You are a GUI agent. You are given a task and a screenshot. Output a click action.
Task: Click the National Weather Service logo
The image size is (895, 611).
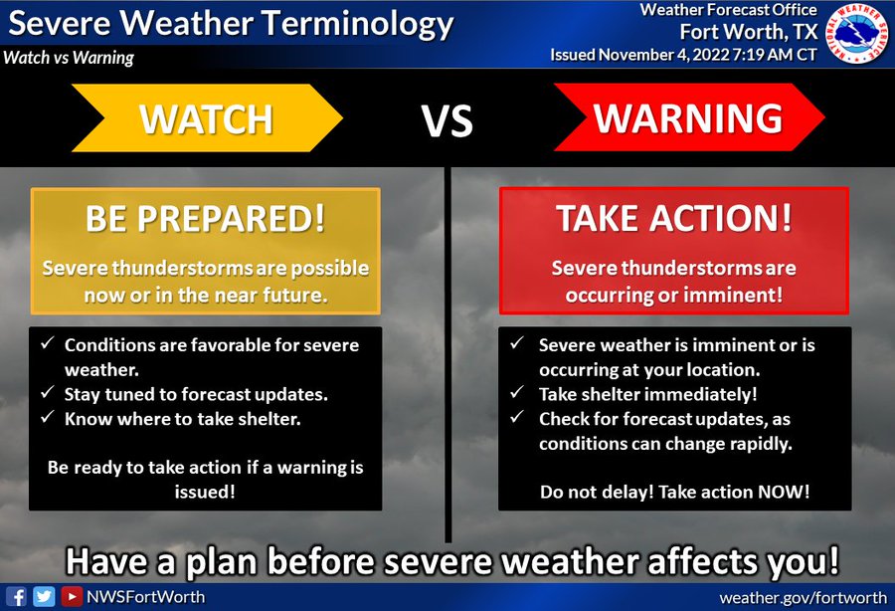click(x=857, y=33)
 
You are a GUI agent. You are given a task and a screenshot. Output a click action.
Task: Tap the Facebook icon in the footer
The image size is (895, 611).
click(x=16, y=597)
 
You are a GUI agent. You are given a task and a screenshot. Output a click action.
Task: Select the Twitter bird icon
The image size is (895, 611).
click(x=44, y=597)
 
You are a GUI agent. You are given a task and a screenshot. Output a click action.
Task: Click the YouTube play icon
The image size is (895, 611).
click(x=72, y=597)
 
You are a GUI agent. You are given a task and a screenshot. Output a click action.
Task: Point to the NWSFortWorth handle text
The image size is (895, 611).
click(x=145, y=597)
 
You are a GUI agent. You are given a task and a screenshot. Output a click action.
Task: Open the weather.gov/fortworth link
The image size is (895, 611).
click(x=804, y=598)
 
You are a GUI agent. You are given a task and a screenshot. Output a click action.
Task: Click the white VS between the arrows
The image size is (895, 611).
click(x=447, y=120)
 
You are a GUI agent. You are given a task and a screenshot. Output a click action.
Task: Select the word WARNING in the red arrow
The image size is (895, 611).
click(x=688, y=118)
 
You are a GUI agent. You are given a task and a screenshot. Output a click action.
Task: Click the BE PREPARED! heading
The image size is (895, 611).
click(x=206, y=218)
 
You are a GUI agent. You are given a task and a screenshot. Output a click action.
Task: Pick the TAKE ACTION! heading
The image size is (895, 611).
click(x=674, y=218)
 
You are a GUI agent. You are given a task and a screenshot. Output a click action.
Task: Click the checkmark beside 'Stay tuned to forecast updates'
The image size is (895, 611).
click(x=48, y=392)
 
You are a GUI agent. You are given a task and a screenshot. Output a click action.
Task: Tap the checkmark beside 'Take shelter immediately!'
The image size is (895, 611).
click(x=517, y=392)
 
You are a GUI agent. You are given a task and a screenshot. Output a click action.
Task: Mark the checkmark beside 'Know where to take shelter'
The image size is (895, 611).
click(x=48, y=417)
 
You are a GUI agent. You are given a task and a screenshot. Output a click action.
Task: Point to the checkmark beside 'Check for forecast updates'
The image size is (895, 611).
click(x=517, y=417)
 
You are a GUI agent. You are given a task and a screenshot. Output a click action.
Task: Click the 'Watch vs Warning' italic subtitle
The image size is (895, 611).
click(x=69, y=58)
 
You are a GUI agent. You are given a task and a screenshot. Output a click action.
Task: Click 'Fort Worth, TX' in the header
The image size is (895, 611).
click(x=749, y=32)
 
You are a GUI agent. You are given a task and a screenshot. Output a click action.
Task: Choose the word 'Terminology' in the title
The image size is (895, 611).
click(x=358, y=25)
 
